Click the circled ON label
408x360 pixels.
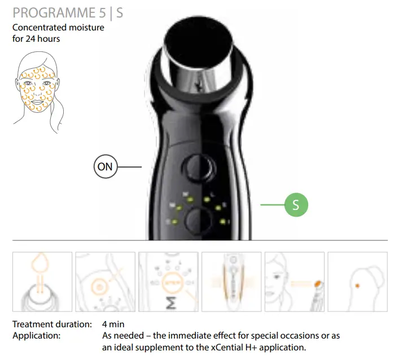[105, 167]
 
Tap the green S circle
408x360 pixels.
[296, 205]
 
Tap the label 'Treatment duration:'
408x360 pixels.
[52, 324]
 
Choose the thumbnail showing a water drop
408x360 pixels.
[42, 282]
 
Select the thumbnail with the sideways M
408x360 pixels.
[168, 282]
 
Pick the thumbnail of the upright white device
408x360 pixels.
[231, 282]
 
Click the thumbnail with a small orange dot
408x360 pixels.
[357, 282]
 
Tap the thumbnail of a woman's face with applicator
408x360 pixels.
[294, 282]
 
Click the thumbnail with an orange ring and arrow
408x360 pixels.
[105, 282]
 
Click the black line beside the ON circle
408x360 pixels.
[129, 167]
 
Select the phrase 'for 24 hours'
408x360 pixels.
[36, 39]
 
